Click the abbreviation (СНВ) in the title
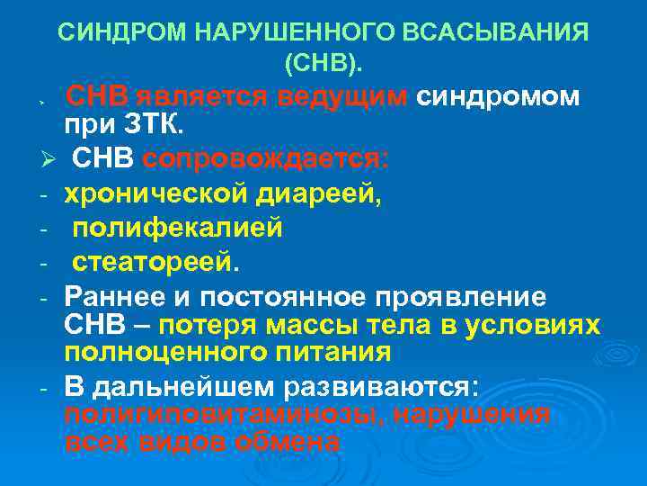pos(323,64)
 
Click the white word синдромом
pos(498,96)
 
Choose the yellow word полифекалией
pos(178,229)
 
